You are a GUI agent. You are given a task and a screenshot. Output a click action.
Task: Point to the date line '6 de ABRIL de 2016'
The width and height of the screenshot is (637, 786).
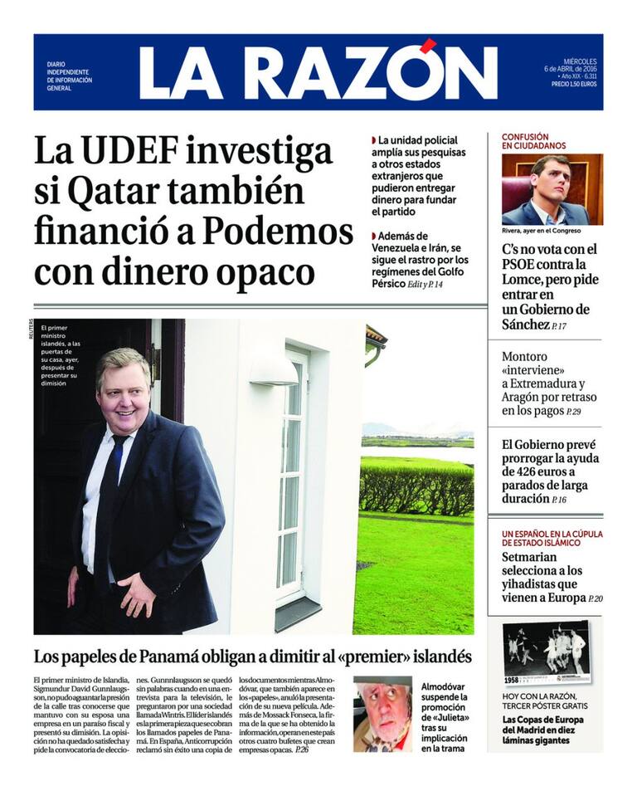click(x=570, y=67)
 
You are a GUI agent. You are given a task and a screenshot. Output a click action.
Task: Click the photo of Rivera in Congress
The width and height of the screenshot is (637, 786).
click(x=552, y=189)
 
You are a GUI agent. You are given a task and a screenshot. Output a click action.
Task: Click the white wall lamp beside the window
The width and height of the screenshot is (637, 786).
click(x=273, y=372)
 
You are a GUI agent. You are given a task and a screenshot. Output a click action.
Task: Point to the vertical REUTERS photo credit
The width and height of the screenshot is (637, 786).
click(x=29, y=330)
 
